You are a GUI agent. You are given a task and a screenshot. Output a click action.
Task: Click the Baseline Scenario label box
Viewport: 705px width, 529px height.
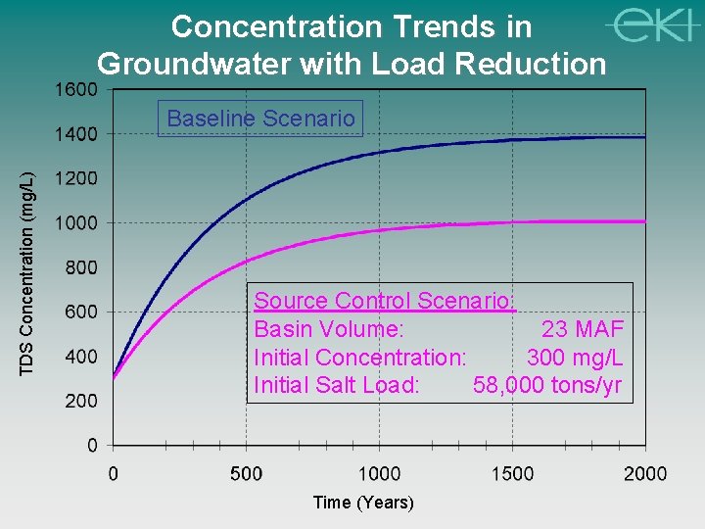click(261, 119)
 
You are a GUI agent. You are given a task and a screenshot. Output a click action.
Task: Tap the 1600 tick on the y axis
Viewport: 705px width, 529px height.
click(74, 89)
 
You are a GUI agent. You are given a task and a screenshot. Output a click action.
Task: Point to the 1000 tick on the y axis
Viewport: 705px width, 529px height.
click(74, 223)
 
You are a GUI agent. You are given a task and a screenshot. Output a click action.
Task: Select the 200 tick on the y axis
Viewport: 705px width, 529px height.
click(80, 401)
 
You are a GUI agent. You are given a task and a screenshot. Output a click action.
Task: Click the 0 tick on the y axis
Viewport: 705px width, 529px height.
click(91, 446)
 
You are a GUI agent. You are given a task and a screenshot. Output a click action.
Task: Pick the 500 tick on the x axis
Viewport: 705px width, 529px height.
click(246, 474)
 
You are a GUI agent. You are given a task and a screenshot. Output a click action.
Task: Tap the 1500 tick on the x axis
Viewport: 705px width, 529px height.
click(512, 474)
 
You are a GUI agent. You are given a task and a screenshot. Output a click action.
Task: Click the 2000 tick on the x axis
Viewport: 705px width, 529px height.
click(645, 474)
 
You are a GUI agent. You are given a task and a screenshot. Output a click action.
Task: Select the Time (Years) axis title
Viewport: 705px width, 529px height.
click(363, 503)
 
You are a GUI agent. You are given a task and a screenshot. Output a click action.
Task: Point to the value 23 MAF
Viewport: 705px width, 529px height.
click(582, 329)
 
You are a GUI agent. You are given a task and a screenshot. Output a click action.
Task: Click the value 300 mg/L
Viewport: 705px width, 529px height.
click(575, 357)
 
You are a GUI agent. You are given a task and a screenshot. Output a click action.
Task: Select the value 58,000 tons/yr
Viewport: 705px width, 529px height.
click(547, 385)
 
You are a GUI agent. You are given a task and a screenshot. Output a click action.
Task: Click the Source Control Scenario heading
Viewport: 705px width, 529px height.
click(382, 301)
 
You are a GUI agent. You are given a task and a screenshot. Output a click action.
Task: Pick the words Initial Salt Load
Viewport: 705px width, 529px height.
click(337, 385)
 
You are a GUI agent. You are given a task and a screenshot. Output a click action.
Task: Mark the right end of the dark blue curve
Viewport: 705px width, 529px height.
click(643, 137)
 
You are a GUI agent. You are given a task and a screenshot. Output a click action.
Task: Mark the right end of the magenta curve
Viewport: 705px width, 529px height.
click(643, 221)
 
